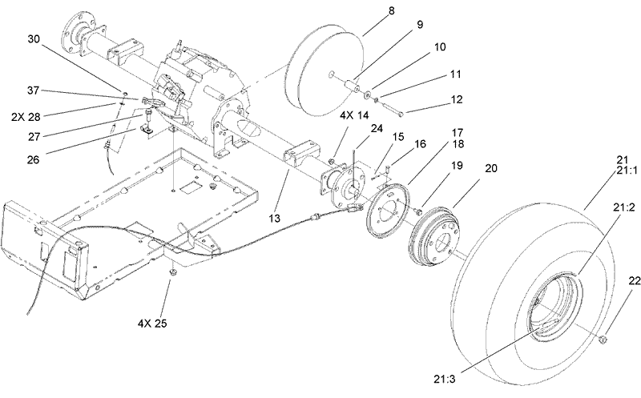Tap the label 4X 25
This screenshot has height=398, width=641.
pyautogui.click(x=153, y=325)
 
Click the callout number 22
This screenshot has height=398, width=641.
pyautogui.click(x=613, y=280)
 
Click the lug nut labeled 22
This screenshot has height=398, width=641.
pyautogui.click(x=603, y=343)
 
